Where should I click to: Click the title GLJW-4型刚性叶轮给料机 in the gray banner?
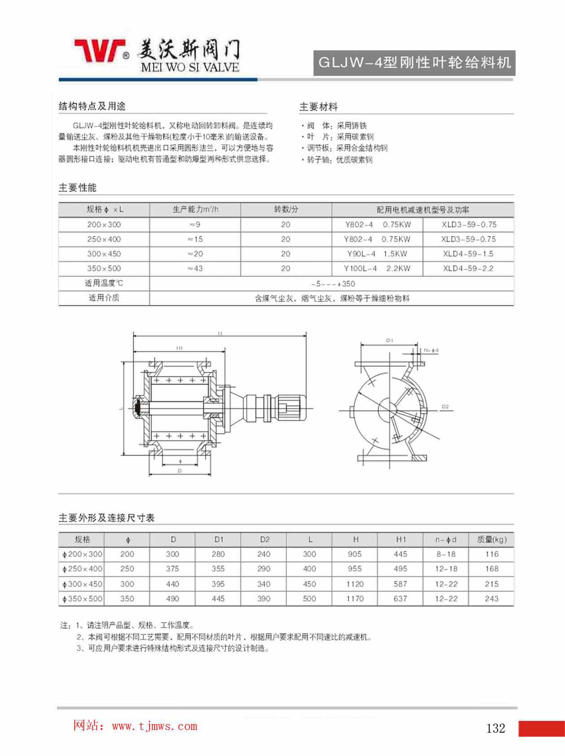point(414,63)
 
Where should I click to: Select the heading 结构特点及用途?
point(92,106)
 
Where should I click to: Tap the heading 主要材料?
point(318,107)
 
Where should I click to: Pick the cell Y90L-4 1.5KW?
point(377,254)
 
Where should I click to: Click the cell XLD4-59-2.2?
point(468,269)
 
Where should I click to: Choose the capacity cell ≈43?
point(195,269)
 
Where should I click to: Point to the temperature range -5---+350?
point(333,283)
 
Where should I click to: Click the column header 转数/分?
point(286,210)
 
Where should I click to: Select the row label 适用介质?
point(104,298)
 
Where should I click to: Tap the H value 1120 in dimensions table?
point(355,584)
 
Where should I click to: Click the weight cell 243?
point(491,599)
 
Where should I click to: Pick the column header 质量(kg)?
point(491,539)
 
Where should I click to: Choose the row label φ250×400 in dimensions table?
point(83,569)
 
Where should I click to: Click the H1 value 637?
point(400,599)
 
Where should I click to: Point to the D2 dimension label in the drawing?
point(445,407)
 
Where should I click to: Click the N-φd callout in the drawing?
point(431,350)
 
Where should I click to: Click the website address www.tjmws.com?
point(154,726)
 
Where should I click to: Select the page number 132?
point(495,728)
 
